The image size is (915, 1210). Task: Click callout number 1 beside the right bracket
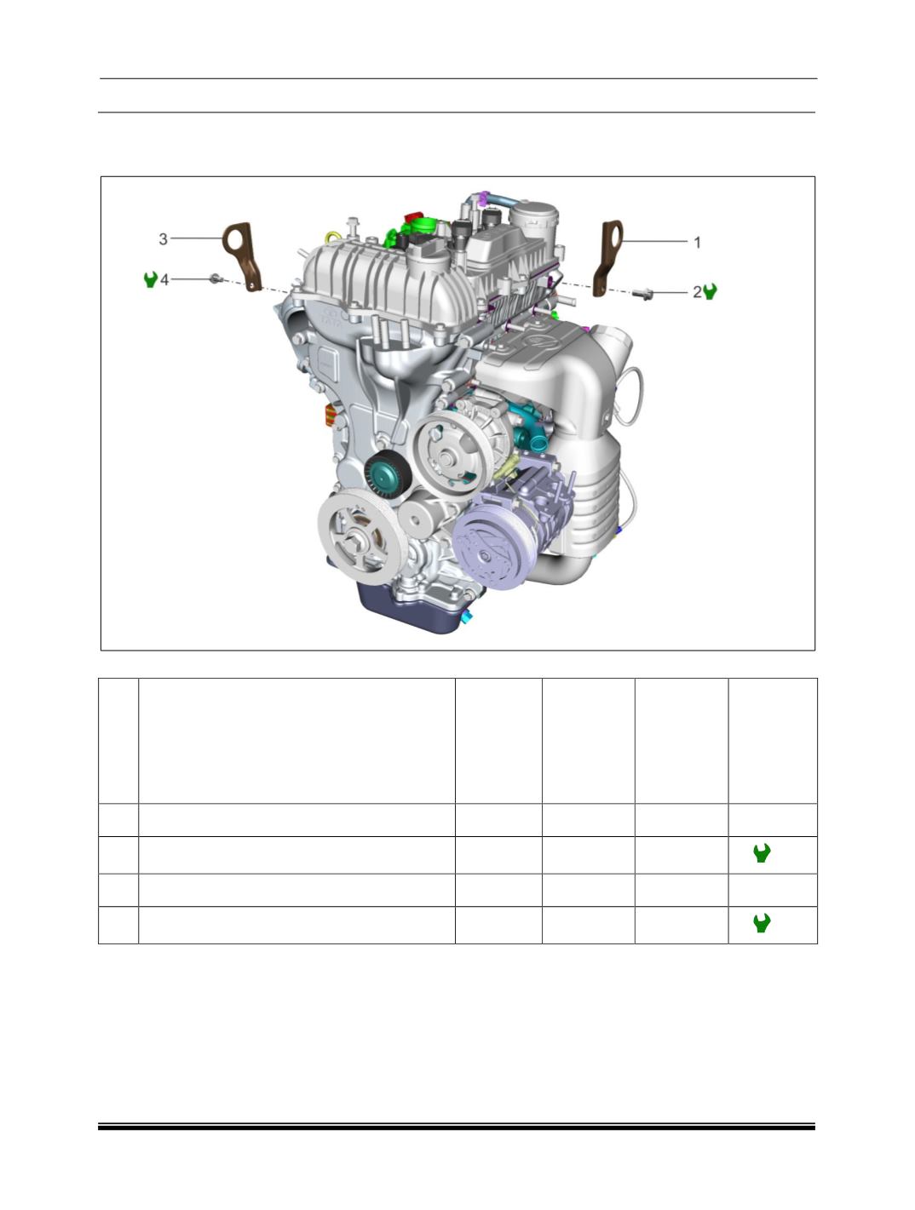pyautogui.click(x=697, y=243)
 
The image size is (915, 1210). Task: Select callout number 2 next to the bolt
pyautogui.click(x=697, y=292)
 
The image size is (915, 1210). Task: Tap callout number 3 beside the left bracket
pyautogui.click(x=164, y=239)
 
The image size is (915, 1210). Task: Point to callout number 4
pyautogui.click(x=164, y=280)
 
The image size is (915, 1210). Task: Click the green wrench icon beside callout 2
pyautogui.click(x=711, y=291)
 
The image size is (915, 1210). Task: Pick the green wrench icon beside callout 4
pyautogui.click(x=151, y=279)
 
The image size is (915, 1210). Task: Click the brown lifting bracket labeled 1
pyautogui.click(x=607, y=258)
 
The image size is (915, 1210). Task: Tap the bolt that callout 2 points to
pyautogui.click(x=643, y=294)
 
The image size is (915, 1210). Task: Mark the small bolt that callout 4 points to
pyautogui.click(x=216, y=279)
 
